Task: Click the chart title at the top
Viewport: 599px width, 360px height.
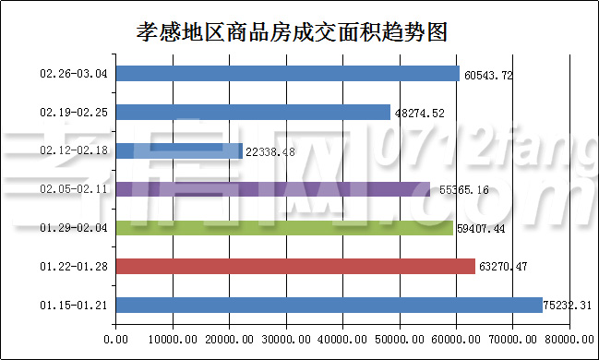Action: pos(291,32)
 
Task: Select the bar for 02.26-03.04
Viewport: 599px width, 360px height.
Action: pos(288,74)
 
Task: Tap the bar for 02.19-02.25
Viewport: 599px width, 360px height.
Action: pos(253,113)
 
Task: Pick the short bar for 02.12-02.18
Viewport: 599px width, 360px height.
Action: pos(179,150)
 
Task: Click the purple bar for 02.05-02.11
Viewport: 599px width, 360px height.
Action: pos(272,189)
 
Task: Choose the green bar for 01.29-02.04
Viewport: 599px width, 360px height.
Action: pos(284,228)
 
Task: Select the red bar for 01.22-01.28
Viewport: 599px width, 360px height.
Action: pos(295,267)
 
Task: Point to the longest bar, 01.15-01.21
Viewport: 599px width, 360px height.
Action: pos(329,306)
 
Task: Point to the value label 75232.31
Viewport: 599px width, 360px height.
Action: pos(570,306)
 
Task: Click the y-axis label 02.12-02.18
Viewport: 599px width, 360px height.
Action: pos(75,150)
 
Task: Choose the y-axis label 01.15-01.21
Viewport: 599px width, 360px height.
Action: pos(75,306)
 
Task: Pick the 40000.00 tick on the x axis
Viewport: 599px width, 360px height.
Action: pos(342,340)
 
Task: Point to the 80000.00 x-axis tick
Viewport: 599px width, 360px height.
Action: pos(569,340)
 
